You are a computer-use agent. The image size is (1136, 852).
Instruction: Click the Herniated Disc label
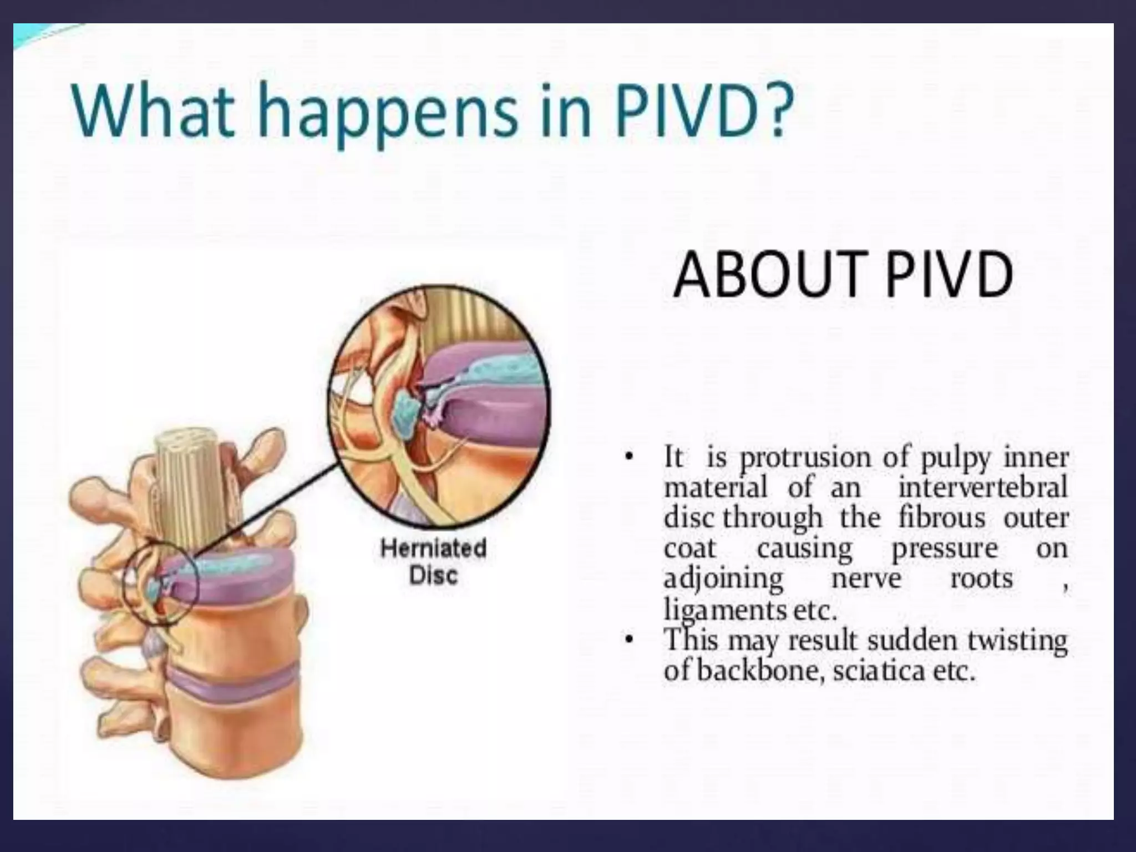point(433,561)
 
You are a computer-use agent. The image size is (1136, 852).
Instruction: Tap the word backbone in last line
point(757,671)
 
